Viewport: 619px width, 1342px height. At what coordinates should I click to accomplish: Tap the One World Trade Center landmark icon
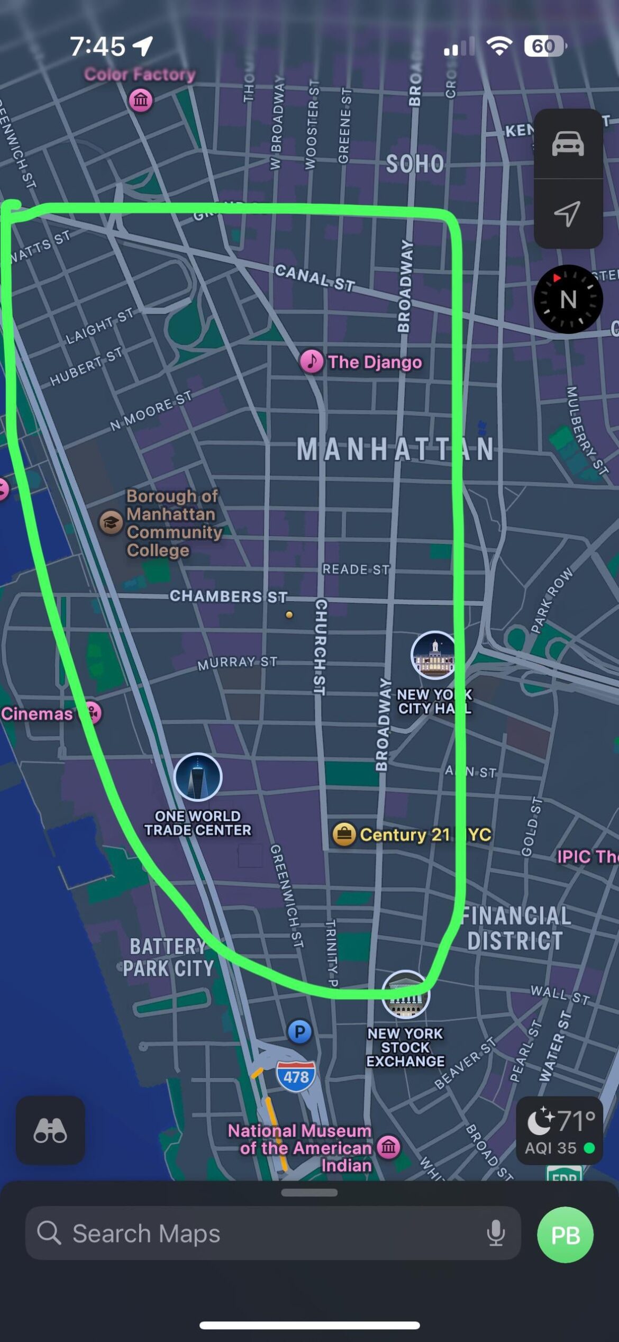[198, 776]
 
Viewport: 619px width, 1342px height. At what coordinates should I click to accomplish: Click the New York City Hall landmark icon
[433, 655]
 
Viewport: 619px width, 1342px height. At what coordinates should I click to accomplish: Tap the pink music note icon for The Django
[312, 362]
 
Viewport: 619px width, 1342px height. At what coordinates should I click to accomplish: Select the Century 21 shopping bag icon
[344, 835]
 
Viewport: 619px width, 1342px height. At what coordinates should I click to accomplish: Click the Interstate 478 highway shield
[296, 1076]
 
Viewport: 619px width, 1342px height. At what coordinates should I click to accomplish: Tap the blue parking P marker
[299, 1031]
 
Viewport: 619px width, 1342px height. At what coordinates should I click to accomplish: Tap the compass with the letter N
[568, 299]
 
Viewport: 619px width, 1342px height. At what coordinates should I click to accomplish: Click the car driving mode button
[568, 143]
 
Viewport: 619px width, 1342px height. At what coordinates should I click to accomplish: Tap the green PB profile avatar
[565, 1235]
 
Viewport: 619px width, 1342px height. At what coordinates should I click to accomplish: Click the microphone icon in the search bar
[496, 1234]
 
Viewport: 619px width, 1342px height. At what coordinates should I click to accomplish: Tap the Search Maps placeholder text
[146, 1234]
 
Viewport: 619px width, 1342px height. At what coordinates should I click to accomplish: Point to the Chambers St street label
[228, 596]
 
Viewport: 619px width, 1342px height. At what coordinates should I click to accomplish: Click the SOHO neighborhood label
[415, 164]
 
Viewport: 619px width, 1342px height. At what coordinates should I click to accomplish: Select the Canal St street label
[314, 278]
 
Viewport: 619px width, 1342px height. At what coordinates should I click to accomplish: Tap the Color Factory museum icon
[141, 99]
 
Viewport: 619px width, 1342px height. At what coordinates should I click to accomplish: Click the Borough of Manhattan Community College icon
[111, 523]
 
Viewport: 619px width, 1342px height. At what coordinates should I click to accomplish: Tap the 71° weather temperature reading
[576, 1121]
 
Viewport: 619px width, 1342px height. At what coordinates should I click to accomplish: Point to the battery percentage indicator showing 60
[543, 47]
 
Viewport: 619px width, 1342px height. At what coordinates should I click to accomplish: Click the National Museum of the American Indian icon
[389, 1147]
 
